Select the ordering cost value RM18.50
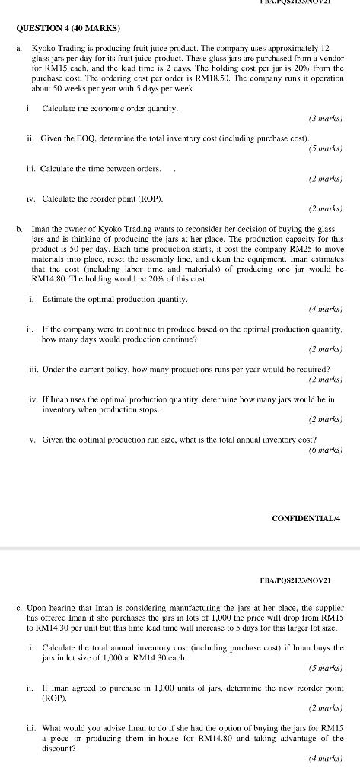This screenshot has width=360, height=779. click(214, 80)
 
